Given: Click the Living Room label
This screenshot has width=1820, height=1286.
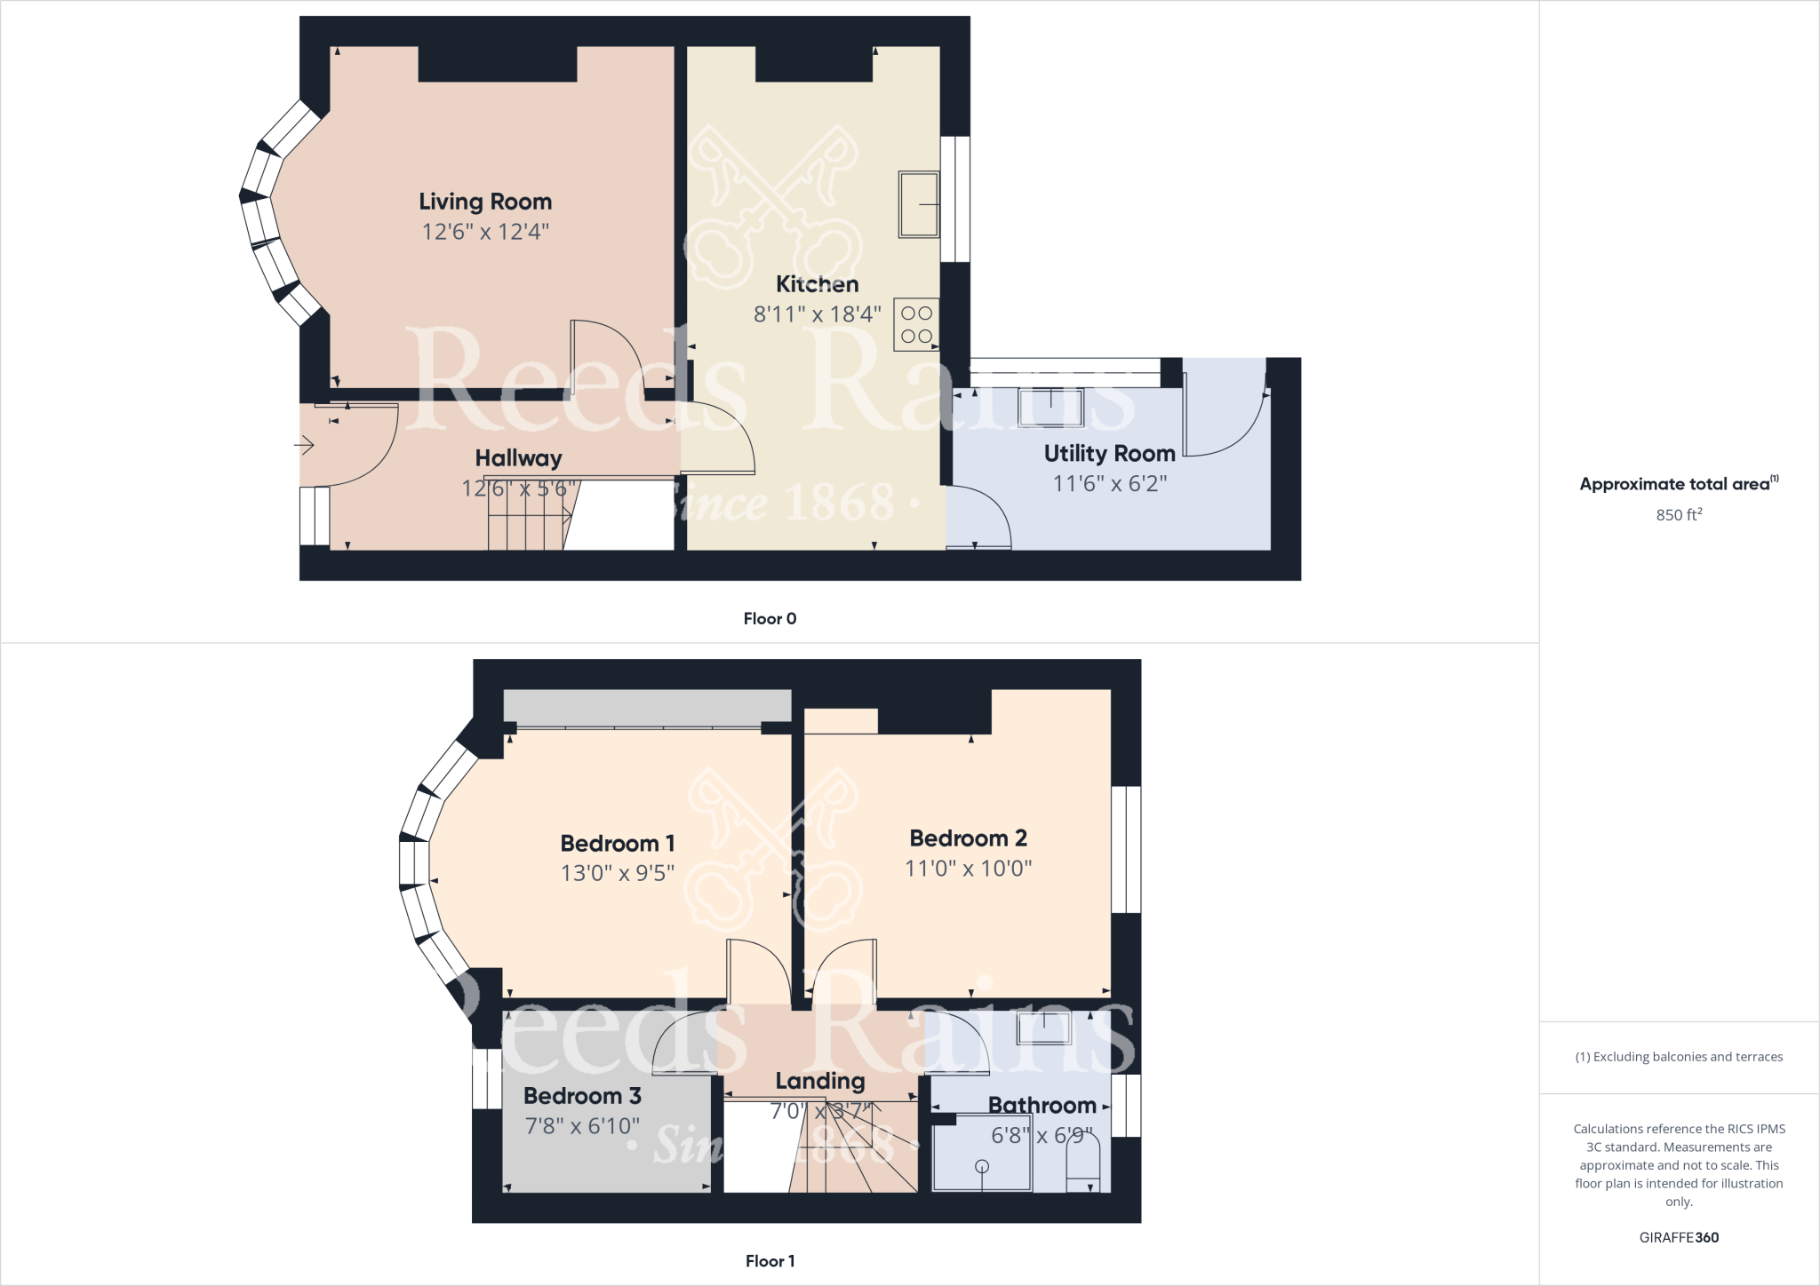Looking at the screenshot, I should (485, 202).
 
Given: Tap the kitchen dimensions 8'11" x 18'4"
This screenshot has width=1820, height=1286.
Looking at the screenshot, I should (817, 314).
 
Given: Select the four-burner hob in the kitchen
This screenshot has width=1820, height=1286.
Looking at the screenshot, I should (916, 324).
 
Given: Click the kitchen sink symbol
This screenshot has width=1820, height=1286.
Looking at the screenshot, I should (919, 204).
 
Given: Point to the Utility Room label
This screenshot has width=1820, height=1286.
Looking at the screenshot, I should (1109, 454).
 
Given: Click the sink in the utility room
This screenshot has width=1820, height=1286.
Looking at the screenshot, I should (1051, 408).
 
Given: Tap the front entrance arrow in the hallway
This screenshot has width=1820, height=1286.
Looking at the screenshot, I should (305, 444).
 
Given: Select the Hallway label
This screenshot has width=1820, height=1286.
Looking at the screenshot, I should (518, 458).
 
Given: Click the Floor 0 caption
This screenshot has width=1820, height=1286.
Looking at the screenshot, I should (770, 619).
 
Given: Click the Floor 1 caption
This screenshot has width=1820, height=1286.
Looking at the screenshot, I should (770, 1261).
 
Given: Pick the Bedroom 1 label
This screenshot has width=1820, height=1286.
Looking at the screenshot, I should (617, 843).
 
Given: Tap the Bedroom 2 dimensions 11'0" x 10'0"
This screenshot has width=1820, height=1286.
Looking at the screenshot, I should (968, 868).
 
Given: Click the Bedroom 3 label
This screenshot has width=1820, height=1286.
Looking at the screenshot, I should (582, 1096).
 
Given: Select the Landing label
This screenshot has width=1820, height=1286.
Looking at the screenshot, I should (819, 1081).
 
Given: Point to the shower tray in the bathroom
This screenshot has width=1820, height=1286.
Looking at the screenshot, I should (981, 1159).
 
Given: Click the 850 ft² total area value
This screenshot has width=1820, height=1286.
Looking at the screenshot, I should (1679, 514).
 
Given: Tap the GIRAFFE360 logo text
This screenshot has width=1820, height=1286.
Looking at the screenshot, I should (1679, 1237).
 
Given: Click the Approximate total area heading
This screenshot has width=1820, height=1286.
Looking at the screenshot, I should (1677, 484).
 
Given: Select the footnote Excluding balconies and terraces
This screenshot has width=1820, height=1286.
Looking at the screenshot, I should (1679, 1057).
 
